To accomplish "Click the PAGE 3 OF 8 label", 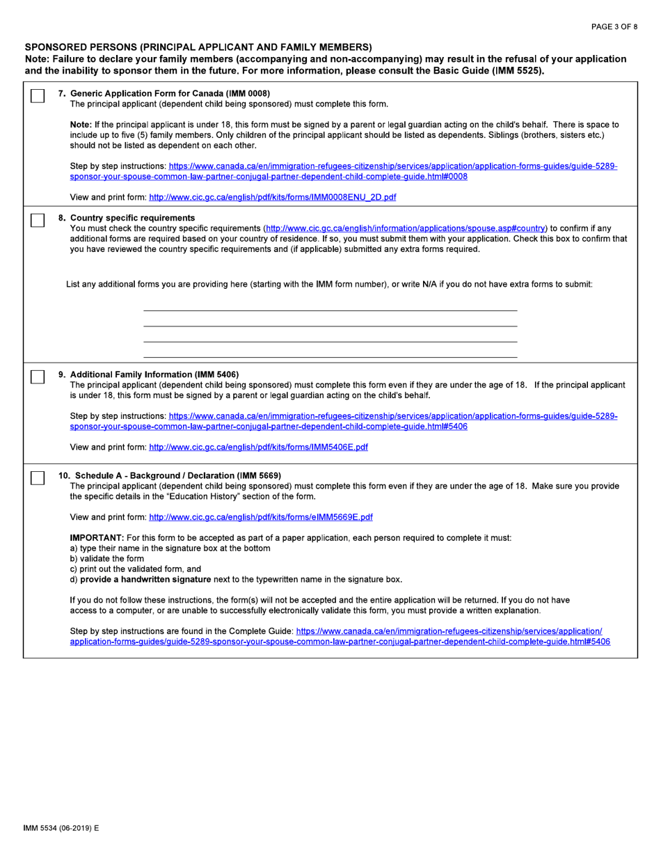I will (614, 27).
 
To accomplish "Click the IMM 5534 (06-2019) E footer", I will (61, 828).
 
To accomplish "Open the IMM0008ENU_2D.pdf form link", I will (273, 197).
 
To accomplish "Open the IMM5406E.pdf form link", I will (258, 447).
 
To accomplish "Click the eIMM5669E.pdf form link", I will (261, 517).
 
